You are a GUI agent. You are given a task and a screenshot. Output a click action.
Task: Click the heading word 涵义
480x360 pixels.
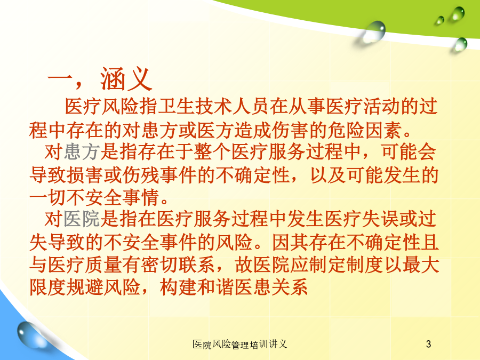(x=126, y=79)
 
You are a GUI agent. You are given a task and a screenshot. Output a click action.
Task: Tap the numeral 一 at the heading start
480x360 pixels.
(x=60, y=80)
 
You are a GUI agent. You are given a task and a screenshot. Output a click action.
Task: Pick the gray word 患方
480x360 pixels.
(x=82, y=152)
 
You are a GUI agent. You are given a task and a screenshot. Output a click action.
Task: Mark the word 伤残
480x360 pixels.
(x=140, y=175)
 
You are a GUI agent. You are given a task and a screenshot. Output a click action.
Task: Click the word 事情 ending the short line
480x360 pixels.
(x=140, y=197)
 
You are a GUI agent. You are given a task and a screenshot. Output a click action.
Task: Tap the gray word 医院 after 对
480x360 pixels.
(x=82, y=220)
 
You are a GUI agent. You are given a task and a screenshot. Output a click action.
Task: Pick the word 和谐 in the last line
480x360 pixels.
(x=215, y=287)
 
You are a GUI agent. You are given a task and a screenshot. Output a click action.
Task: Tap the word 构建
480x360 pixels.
(x=178, y=287)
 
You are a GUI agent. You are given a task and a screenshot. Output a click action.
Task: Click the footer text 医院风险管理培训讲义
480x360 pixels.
(x=239, y=345)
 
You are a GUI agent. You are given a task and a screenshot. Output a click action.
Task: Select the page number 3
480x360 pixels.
(x=428, y=344)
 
